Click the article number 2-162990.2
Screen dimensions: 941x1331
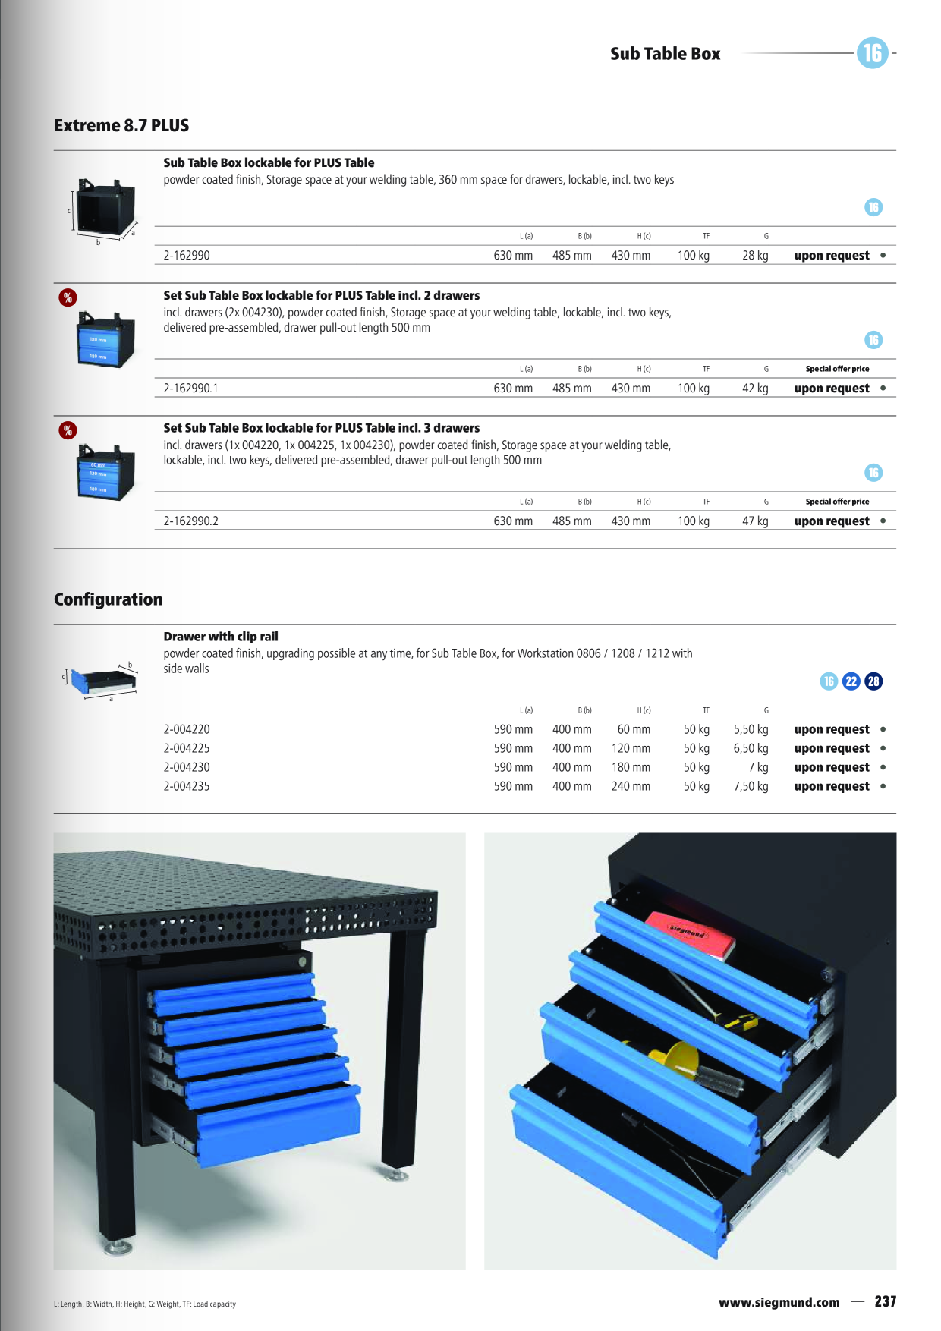point(191,521)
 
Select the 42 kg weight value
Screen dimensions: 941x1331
point(755,389)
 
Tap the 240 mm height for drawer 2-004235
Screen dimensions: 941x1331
point(631,787)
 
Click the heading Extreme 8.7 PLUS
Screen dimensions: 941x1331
point(121,126)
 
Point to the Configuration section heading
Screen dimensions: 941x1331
point(109,599)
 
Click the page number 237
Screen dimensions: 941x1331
point(886,1301)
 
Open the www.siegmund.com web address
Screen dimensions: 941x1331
point(779,1302)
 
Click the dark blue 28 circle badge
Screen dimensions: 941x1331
point(874,681)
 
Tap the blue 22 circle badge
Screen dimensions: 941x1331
point(851,681)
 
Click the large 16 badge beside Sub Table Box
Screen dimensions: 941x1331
point(873,53)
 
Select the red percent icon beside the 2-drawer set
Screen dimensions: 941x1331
point(68,297)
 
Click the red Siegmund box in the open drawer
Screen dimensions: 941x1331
point(690,934)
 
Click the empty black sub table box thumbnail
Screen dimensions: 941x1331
point(105,209)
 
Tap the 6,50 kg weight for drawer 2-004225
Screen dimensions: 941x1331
point(751,749)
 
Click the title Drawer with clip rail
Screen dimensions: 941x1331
point(221,637)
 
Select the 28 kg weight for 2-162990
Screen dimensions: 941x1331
point(755,256)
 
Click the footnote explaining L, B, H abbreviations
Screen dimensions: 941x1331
point(145,1304)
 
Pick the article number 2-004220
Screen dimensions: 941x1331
point(187,730)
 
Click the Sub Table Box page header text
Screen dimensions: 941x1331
point(666,54)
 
